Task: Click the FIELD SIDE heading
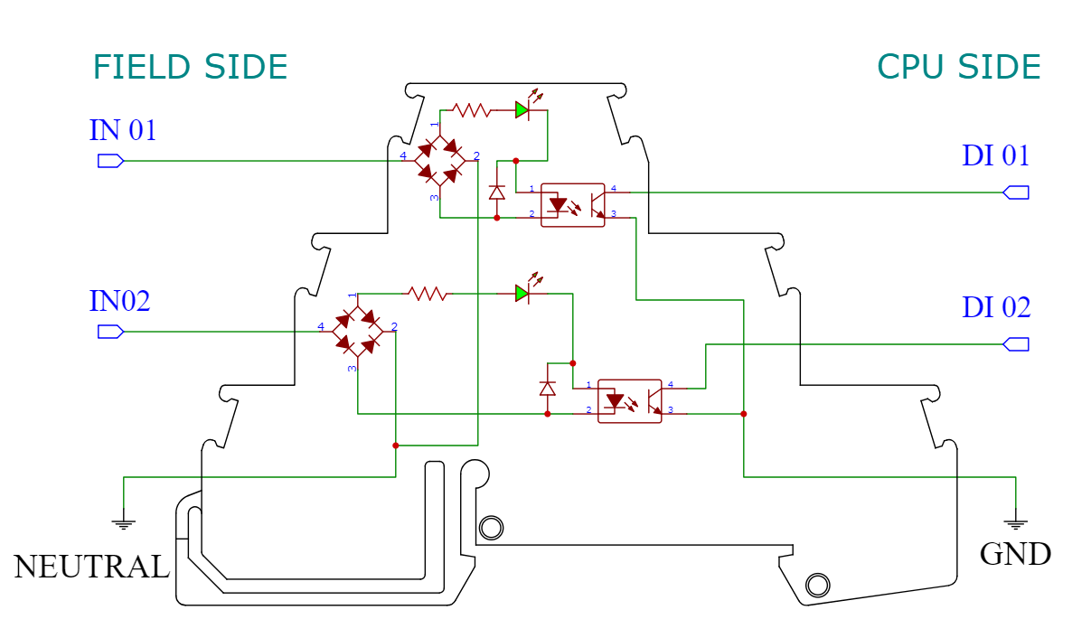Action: click(190, 68)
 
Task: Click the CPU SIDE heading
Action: click(958, 68)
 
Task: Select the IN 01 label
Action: click(123, 131)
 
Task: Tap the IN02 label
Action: click(119, 301)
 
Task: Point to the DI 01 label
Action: click(995, 156)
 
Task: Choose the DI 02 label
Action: click(995, 308)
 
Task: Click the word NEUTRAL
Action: click(91, 568)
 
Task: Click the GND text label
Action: click(1015, 554)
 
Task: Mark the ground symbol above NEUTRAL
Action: click(124, 521)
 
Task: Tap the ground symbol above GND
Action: click(1016, 521)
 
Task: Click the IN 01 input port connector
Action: click(109, 162)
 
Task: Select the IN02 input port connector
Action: click(109, 333)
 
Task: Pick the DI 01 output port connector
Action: click(1016, 192)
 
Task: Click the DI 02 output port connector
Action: click(1016, 344)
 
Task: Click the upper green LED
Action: click(523, 109)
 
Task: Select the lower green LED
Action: click(523, 293)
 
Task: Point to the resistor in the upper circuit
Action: click(470, 110)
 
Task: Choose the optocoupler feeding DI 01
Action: click(572, 205)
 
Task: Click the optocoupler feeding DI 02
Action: click(630, 400)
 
